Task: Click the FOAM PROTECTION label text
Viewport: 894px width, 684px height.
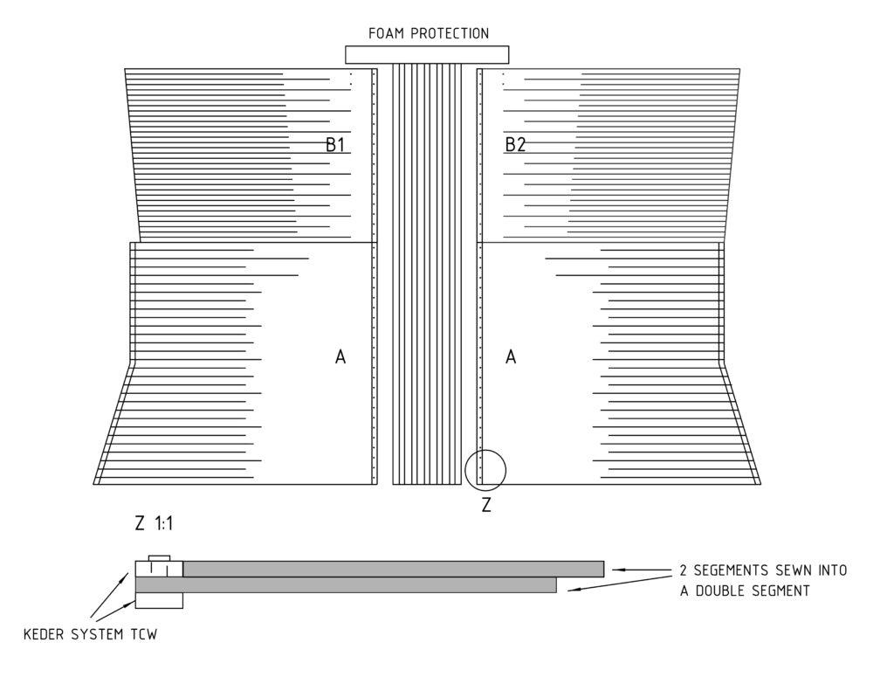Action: click(x=428, y=34)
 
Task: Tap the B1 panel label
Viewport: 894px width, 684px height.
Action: click(x=335, y=145)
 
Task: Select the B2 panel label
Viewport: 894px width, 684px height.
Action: click(x=515, y=145)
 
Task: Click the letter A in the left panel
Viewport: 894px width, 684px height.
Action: click(x=340, y=357)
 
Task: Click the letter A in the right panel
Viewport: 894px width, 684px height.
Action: click(x=511, y=357)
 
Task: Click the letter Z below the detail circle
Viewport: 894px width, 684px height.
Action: click(x=486, y=505)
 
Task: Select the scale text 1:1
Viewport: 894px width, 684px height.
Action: click(x=164, y=523)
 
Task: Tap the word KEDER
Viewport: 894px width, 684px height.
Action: click(x=45, y=634)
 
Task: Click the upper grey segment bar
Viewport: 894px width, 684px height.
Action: click(x=394, y=569)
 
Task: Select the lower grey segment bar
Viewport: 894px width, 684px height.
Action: click(x=346, y=584)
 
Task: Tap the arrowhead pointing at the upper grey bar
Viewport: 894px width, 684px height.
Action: click(x=619, y=570)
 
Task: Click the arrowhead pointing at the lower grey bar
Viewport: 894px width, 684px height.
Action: click(x=574, y=589)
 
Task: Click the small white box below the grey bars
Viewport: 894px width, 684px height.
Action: click(x=159, y=601)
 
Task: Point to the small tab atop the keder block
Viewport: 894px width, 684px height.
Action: click(x=159, y=558)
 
